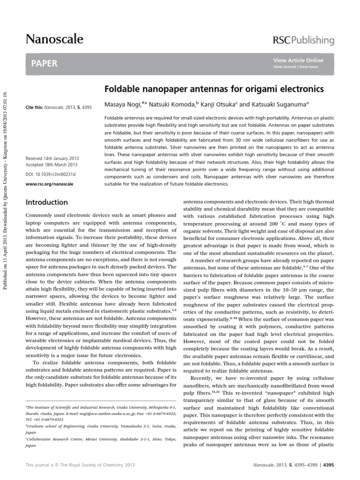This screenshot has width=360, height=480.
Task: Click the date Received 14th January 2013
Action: pos(51,159)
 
